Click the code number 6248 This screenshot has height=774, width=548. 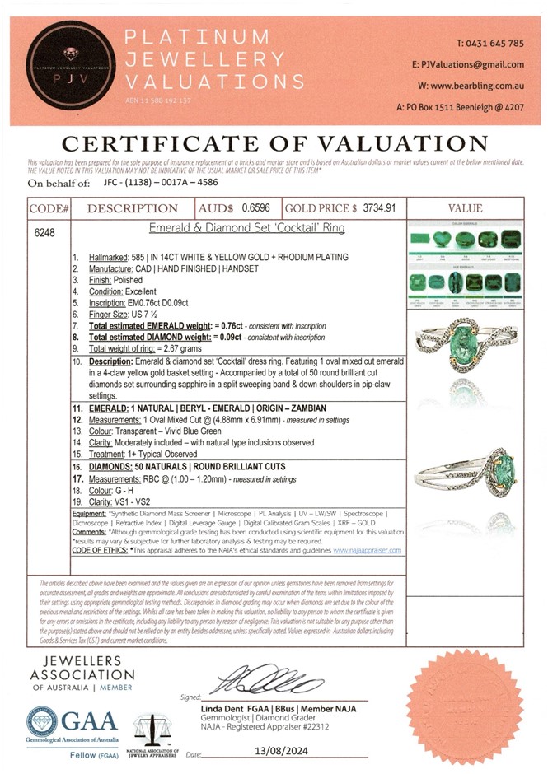coord(44,233)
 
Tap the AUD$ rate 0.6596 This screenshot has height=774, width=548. coord(257,209)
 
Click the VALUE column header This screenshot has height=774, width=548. coord(467,209)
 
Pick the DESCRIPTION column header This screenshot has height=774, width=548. coord(133,209)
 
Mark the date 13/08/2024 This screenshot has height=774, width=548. coord(255,753)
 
